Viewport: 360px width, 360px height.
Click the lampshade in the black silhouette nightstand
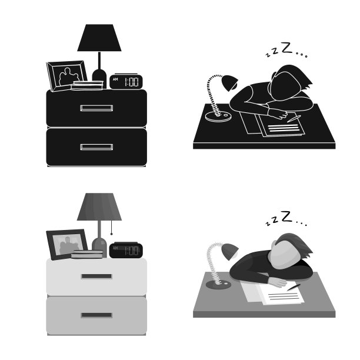99,38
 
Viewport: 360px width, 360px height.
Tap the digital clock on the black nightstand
126,82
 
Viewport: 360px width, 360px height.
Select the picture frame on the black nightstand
66,76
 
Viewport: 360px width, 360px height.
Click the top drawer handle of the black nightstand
96,108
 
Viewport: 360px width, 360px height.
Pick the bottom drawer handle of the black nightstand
96,147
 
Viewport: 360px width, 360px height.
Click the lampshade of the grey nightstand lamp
99,206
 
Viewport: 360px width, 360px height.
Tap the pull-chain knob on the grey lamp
112,234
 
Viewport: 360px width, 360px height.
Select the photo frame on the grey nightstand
66,245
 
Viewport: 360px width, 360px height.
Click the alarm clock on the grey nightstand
126,250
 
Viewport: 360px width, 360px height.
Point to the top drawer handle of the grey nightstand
96,276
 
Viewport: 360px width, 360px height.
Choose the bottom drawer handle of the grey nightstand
96,315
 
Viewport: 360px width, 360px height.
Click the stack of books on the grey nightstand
87,254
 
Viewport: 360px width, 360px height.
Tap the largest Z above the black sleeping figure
286,48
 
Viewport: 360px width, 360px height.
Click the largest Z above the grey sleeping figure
286,216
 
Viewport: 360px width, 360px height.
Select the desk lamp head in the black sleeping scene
230,83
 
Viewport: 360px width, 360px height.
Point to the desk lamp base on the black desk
218,116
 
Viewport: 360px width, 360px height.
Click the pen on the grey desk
294,287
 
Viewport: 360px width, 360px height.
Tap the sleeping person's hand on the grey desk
279,282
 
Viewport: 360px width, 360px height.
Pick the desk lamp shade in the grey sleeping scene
230,252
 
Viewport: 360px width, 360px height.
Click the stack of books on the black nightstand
87,86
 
